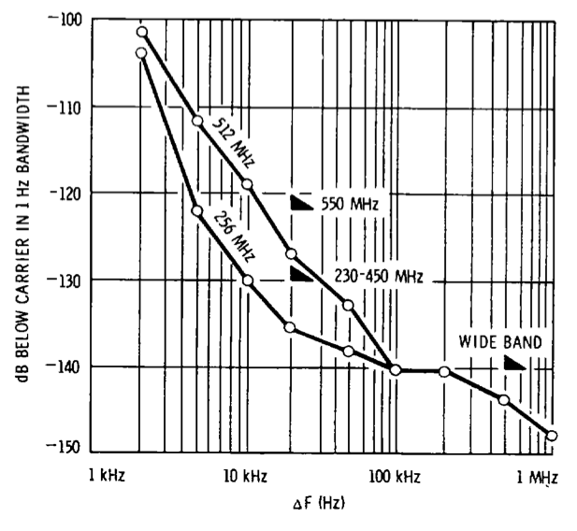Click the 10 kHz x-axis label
[245, 477]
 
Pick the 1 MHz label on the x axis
[536, 477]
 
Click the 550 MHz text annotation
[348, 203]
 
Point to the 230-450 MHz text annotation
[378, 276]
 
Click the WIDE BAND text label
[498, 342]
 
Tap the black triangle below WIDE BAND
[515, 363]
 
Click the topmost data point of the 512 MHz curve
[142, 32]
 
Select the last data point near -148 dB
[552, 436]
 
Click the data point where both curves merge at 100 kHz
[396, 370]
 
